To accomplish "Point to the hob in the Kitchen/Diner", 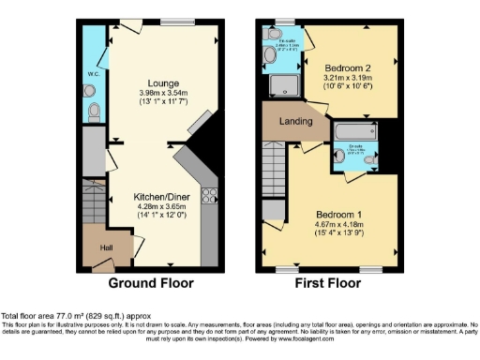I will tap(209, 198).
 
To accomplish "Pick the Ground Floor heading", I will tap(151, 282).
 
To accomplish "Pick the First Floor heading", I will tap(331, 282).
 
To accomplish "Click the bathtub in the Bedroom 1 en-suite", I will tap(352, 131).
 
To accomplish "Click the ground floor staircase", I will tap(94, 201).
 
